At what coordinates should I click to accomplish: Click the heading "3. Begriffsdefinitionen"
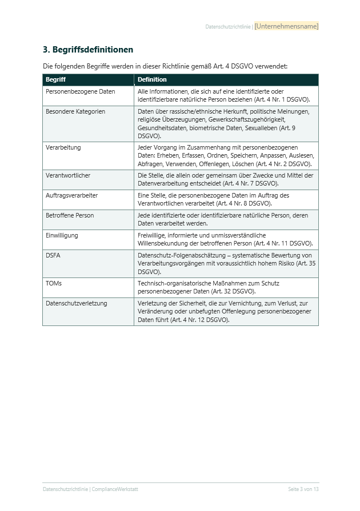pyautogui.click(x=88, y=50)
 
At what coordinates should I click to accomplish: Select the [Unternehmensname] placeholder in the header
pyautogui.click(x=286, y=26)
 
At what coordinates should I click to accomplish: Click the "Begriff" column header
pyautogui.click(x=55, y=79)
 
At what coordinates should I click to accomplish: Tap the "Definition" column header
pyautogui.click(x=152, y=79)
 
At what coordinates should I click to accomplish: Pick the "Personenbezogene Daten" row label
pyautogui.click(x=81, y=91)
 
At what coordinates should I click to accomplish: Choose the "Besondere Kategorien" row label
pyautogui.click(x=75, y=111)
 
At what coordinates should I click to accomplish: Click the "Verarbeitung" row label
pyautogui.click(x=63, y=147)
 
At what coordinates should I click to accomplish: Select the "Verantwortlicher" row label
pyautogui.click(x=68, y=175)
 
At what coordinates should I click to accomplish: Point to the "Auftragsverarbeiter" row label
pyautogui.click(x=71, y=195)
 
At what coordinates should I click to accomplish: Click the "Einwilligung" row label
pyautogui.click(x=62, y=235)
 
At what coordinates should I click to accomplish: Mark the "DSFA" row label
pyautogui.click(x=53, y=255)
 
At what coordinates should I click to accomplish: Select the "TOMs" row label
pyautogui.click(x=54, y=283)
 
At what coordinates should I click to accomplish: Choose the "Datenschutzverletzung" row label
pyautogui.click(x=77, y=303)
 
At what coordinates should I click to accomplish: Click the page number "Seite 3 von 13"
pyautogui.click(x=303, y=489)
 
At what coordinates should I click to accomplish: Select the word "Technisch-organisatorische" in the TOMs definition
pyautogui.click(x=175, y=283)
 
